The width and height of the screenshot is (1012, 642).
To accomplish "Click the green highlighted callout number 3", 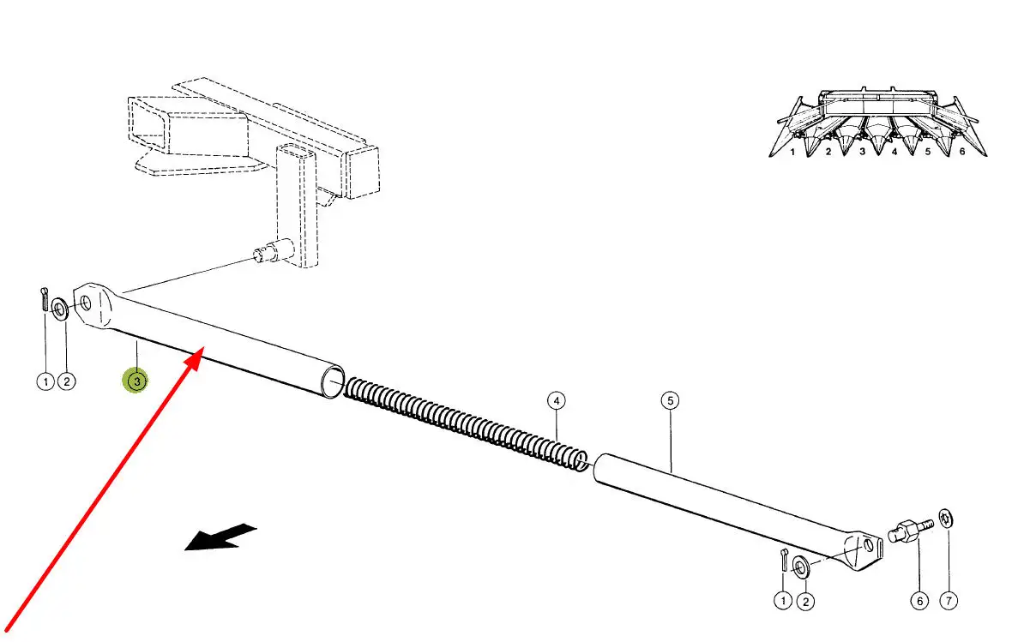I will pyautogui.click(x=136, y=381).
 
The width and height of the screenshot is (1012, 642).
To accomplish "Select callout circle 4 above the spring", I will pyautogui.click(x=556, y=400).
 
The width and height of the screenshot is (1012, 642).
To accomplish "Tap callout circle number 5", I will pyautogui.click(x=670, y=400).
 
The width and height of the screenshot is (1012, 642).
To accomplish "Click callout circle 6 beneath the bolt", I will pyautogui.click(x=919, y=602).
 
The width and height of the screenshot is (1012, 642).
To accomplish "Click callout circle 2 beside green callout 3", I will pyautogui.click(x=68, y=381).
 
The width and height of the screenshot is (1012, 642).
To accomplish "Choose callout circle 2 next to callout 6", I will pyautogui.click(x=805, y=602).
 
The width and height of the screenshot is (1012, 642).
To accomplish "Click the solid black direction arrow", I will pyautogui.click(x=220, y=537).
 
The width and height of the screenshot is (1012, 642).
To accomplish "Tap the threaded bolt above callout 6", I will pyautogui.click(x=910, y=530).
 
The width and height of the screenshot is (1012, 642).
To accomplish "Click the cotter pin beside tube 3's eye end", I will pyautogui.click(x=44, y=299).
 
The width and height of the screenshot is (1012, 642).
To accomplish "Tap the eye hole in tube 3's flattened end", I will pyautogui.click(x=86, y=302).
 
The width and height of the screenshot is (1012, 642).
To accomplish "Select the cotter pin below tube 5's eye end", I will pyautogui.click(x=785, y=558).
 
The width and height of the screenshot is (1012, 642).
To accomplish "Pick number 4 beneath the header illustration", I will pyautogui.click(x=895, y=152).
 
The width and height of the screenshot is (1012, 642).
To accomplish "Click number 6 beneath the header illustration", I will pyautogui.click(x=962, y=152).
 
